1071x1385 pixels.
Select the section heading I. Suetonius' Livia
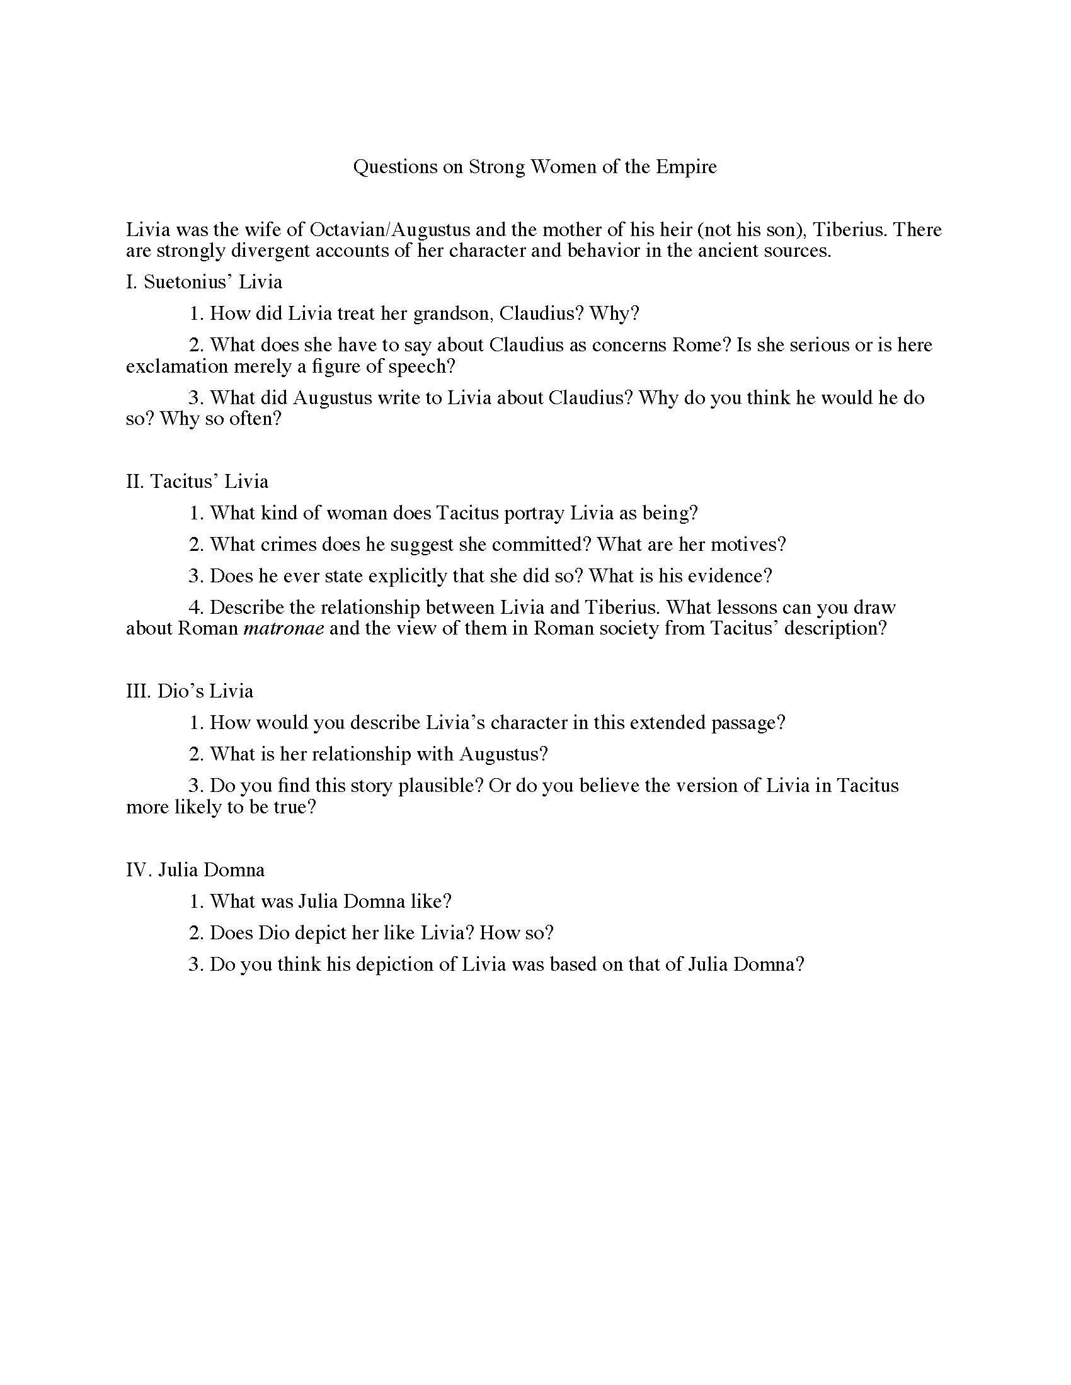(x=203, y=281)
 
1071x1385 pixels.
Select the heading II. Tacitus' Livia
(x=197, y=482)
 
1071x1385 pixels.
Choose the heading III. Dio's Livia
(x=189, y=691)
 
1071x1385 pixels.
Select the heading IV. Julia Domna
(x=195, y=869)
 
